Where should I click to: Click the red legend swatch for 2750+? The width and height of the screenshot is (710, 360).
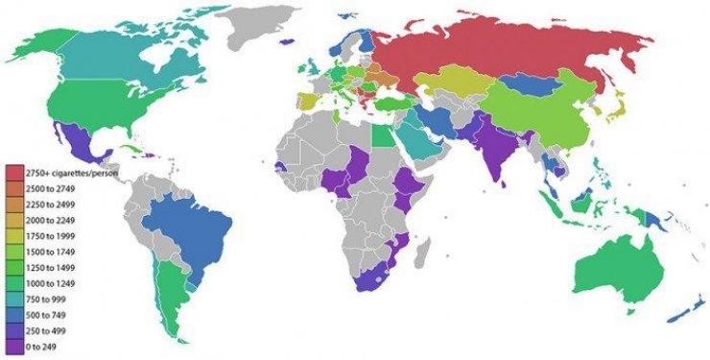point(14,171)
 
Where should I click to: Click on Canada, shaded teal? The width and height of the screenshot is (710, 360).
point(106,58)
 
